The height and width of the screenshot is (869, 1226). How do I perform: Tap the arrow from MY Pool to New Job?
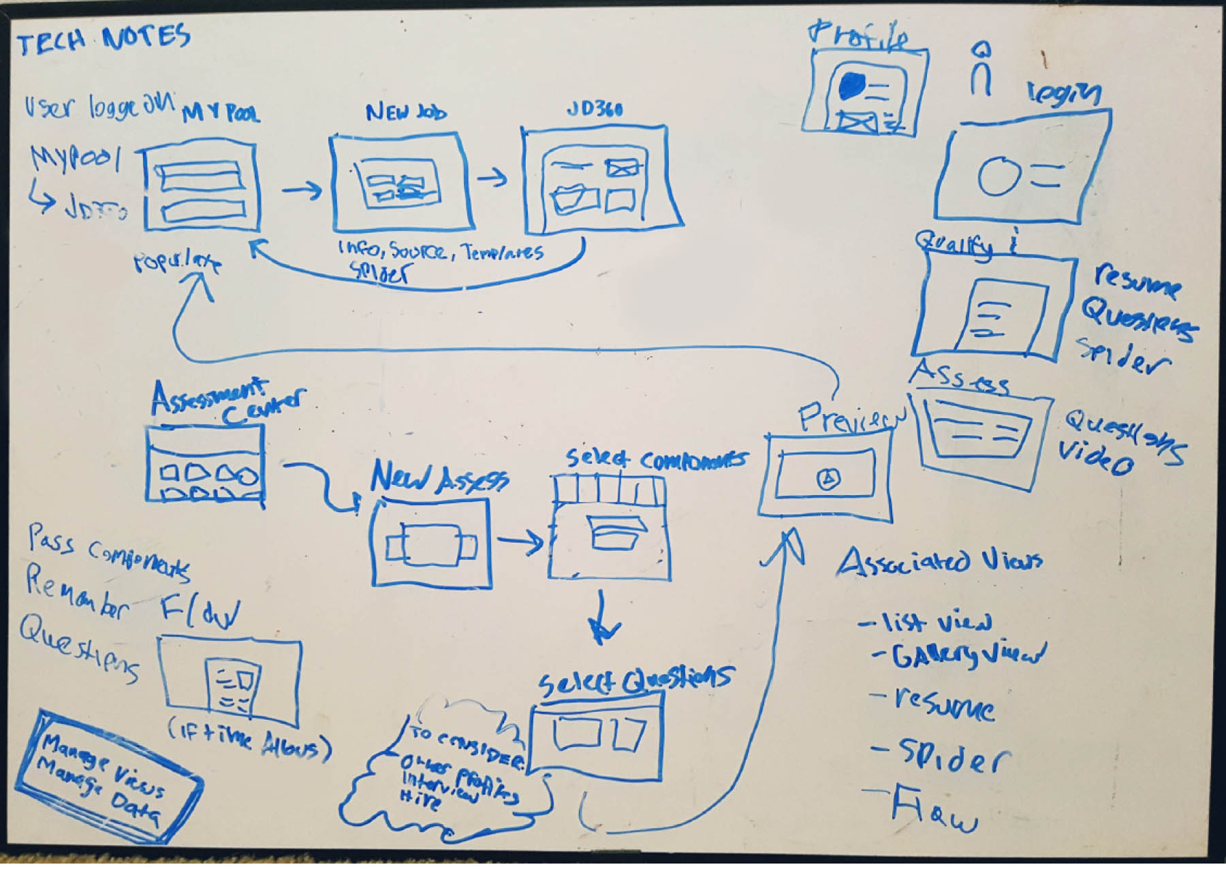point(302,190)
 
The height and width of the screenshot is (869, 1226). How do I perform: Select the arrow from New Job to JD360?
point(492,178)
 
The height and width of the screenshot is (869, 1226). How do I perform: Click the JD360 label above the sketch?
point(595,109)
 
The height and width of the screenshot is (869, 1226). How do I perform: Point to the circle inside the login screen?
point(999,176)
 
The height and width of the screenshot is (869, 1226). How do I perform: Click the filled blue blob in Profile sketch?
point(852,86)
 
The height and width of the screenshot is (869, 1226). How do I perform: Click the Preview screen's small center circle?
point(828,479)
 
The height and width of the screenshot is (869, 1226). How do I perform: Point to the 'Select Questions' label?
point(635,678)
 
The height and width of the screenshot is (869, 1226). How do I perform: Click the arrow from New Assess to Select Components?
point(520,541)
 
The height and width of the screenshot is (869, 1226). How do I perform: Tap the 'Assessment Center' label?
point(225,400)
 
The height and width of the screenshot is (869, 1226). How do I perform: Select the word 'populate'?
point(177,263)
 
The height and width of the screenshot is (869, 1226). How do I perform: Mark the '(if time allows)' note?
point(249,740)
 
